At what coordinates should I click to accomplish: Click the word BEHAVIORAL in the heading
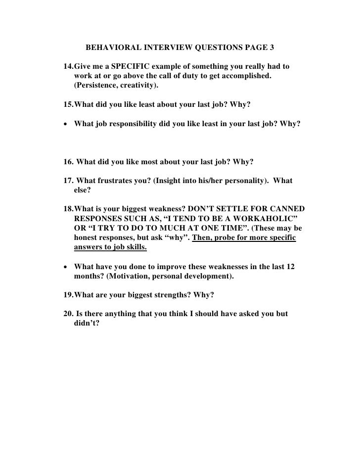(114, 48)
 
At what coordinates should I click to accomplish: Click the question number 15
(69, 105)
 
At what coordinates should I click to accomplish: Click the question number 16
(69, 161)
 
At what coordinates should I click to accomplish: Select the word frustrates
(116, 181)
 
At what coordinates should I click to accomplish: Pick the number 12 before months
(291, 266)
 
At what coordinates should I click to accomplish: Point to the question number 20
(69, 314)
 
